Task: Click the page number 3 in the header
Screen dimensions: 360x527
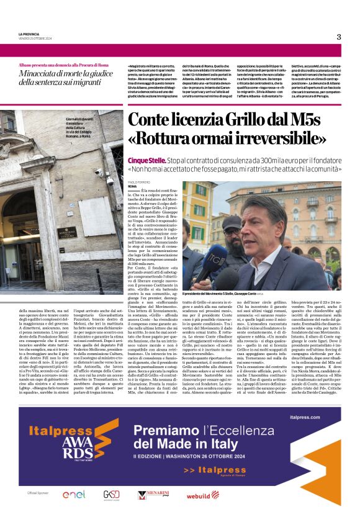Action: [338, 37]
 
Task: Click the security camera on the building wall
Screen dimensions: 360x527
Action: [99, 171]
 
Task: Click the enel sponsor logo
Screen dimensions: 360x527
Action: [73, 495]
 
